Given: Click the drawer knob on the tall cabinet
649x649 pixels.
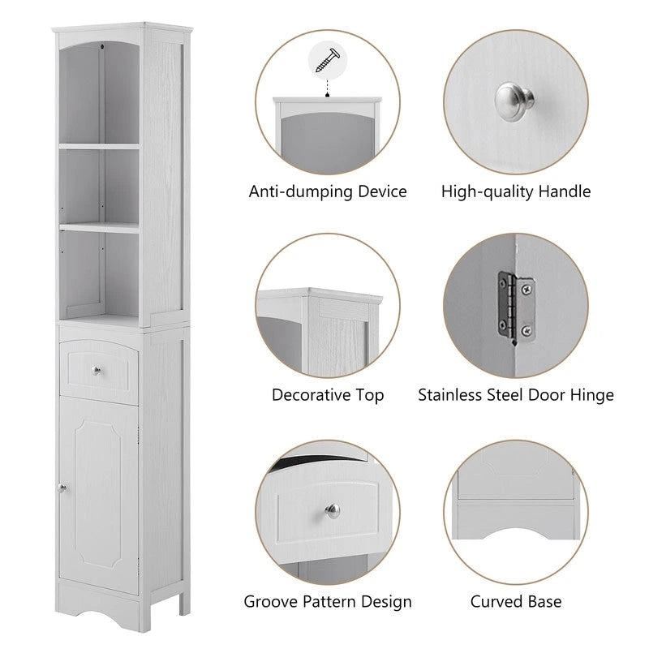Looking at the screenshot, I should coord(97,371).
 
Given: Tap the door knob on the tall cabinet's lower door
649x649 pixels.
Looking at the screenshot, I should coord(61,488).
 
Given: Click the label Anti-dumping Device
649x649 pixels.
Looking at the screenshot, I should coord(328,192).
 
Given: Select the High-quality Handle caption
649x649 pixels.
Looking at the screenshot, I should coord(516,192).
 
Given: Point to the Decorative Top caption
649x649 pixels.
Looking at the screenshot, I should coord(328,396).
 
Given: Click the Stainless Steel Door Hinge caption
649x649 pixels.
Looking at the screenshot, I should coord(516,396).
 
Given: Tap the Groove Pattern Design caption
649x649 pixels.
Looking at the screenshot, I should coord(328,602).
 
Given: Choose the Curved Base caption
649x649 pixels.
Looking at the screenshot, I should coord(516,602).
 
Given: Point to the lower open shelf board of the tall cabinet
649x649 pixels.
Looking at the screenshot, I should coord(99,229).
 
